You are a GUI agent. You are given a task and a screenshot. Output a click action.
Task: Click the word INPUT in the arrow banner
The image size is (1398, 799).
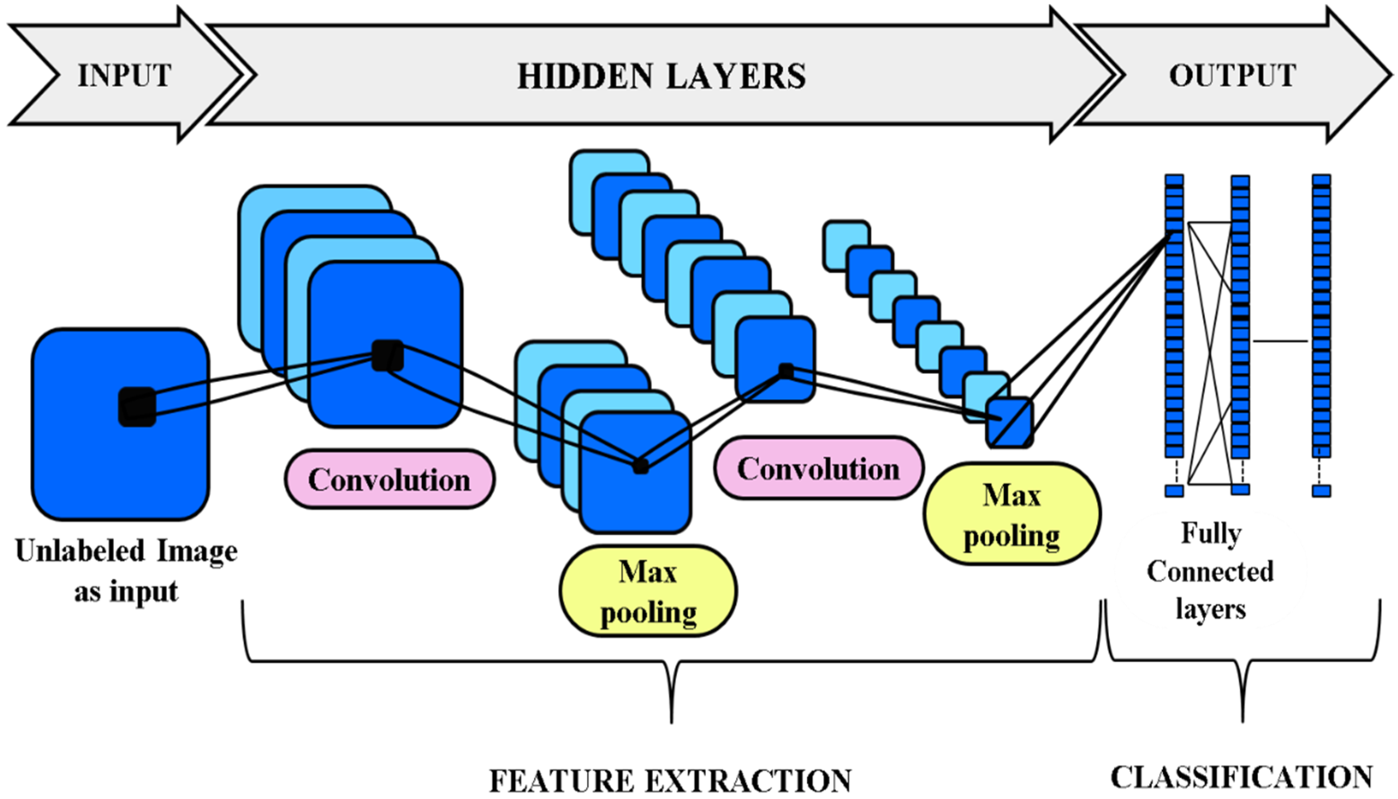(125, 76)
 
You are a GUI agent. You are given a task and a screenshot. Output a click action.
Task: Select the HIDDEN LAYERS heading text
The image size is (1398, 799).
(662, 76)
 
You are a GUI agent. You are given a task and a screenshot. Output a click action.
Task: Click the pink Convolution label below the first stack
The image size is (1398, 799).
(389, 479)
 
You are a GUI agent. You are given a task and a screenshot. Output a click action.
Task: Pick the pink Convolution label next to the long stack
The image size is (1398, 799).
(818, 468)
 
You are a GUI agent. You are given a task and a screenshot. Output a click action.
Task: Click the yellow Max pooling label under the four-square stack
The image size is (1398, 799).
(648, 591)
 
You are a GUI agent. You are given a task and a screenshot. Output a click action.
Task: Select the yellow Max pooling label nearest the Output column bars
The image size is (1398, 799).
(1011, 514)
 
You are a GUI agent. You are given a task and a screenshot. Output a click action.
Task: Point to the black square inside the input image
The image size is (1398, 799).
(137, 407)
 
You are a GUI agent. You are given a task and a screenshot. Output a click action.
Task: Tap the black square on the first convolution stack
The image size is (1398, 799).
(387, 355)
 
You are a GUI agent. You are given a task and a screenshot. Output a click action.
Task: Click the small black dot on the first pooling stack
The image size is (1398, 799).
(640, 466)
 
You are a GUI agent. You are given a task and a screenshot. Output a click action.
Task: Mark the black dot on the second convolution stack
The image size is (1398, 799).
(786, 371)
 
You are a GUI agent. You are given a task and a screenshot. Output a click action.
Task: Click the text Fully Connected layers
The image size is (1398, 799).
(1210, 571)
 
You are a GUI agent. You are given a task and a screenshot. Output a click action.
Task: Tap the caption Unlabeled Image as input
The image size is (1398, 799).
(126, 571)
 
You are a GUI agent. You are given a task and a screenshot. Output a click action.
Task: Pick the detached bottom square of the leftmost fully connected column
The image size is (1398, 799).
(1174, 491)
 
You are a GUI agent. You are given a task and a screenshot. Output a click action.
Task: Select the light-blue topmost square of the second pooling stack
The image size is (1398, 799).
(846, 245)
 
